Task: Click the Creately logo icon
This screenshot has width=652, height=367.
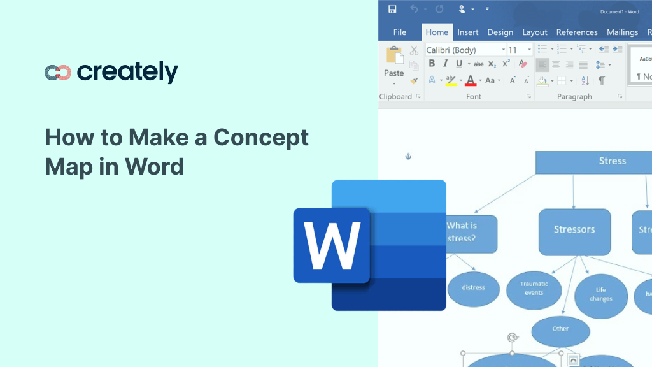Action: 57,73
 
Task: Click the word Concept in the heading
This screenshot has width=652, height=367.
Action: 261,137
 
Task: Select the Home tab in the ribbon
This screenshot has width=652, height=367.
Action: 437,32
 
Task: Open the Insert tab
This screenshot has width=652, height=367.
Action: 468,32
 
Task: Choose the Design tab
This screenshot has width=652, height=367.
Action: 500,32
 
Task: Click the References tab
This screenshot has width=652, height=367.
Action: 577,32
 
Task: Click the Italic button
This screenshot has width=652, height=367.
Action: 444,64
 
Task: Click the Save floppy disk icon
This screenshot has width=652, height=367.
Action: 392,9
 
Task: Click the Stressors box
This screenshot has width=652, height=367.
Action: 574,230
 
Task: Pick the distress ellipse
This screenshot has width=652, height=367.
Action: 473,288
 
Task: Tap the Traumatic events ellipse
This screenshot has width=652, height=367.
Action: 534,289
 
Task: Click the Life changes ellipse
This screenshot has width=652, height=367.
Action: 600,294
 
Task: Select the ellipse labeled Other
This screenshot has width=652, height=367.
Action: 560,329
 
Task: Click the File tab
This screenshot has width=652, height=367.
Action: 400,32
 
